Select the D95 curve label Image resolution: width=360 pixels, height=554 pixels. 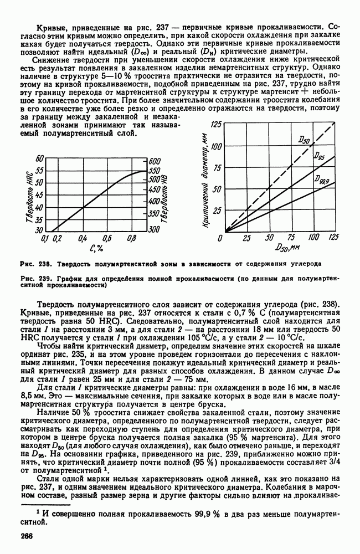click(x=319, y=157)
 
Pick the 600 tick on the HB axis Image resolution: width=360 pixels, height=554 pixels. click(x=155, y=160)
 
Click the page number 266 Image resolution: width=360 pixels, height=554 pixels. click(x=28, y=536)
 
